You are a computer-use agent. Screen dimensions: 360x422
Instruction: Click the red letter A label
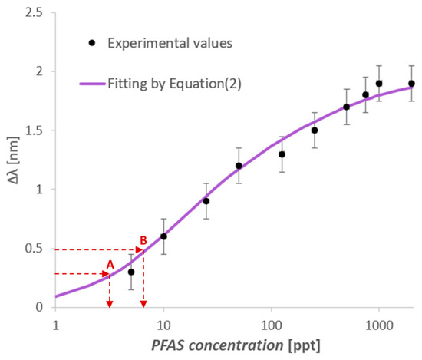pyautogui.click(x=110, y=264)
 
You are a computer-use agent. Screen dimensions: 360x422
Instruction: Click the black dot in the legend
pyautogui.click(x=92, y=43)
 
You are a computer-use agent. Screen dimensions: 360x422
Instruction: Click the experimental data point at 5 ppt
pyautogui.click(x=131, y=272)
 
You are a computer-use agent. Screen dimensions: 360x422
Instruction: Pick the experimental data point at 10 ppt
pyautogui.click(x=163, y=236)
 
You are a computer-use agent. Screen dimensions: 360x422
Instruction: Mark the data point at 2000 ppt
pyautogui.click(x=411, y=84)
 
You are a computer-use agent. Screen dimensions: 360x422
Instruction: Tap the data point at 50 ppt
pyautogui.click(x=239, y=166)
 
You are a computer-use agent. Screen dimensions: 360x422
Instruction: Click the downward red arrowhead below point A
pyautogui.click(x=110, y=302)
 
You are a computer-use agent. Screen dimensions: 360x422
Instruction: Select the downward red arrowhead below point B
pyautogui.click(x=143, y=302)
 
